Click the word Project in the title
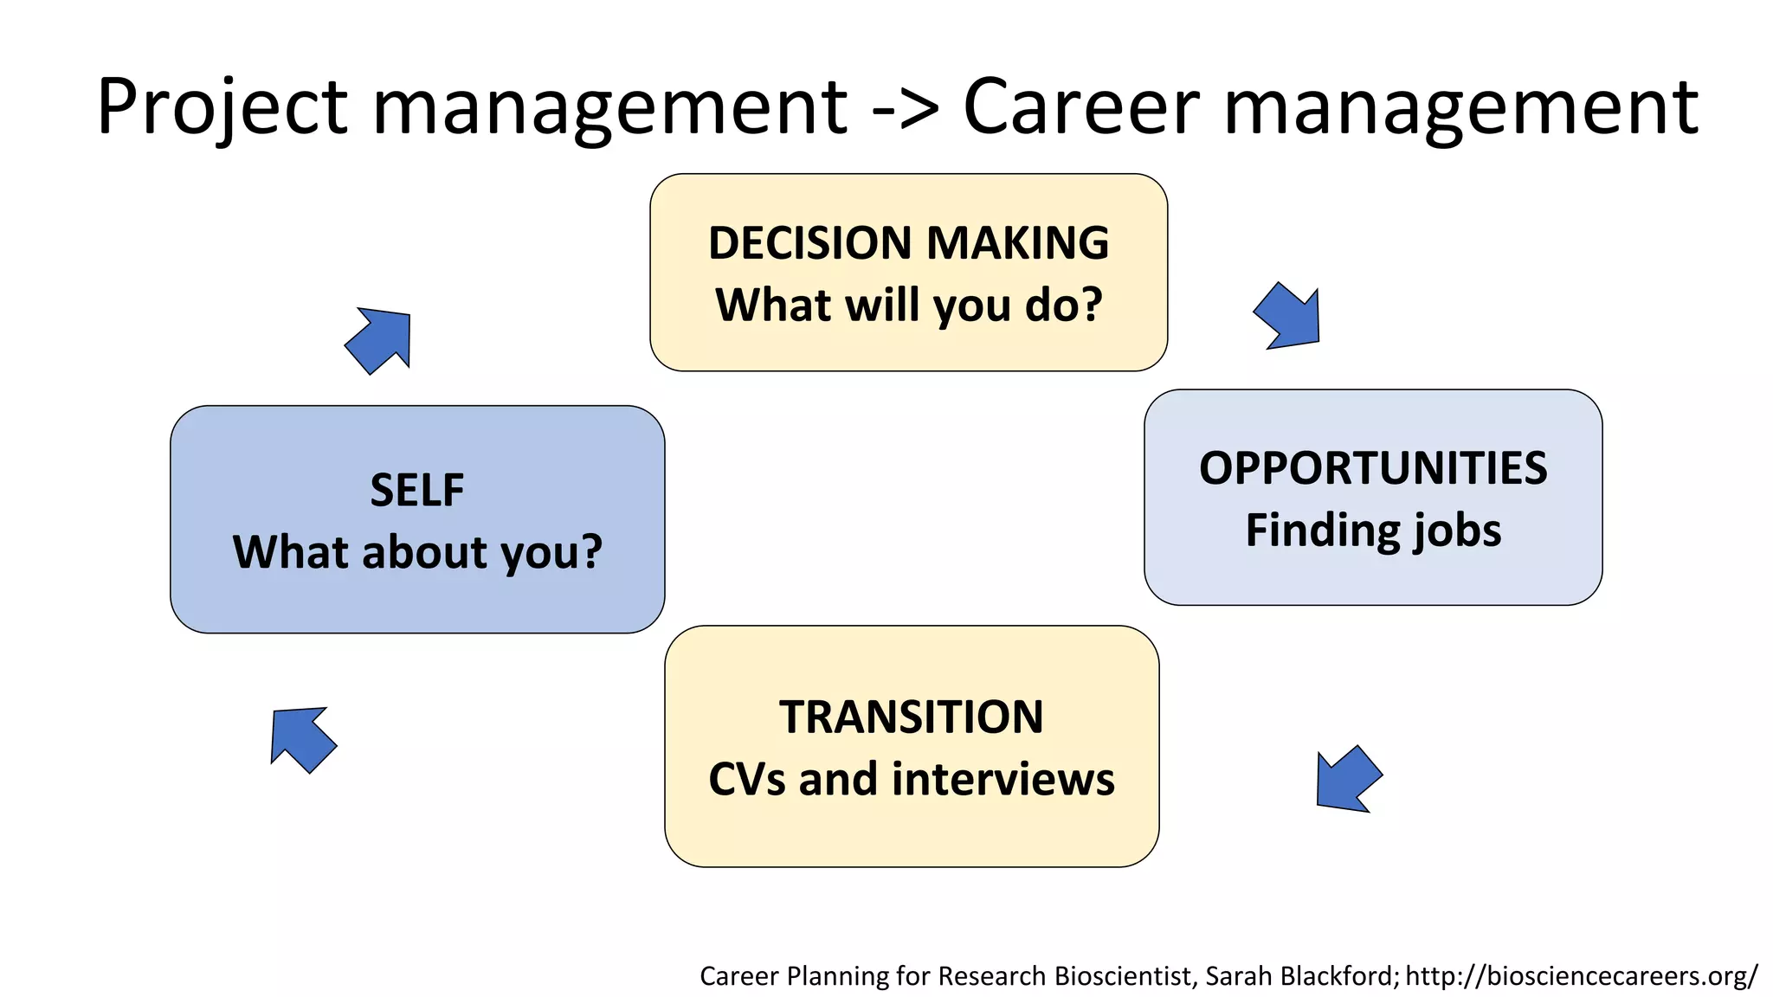222,107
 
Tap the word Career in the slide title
1081,107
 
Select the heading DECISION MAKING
908,242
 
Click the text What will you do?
908,305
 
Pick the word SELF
417,490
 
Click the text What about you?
417,552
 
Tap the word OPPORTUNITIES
1373,468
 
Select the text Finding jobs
1373,531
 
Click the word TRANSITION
912,717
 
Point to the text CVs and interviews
912,779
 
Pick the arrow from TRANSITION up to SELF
300,738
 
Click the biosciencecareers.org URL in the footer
1581,976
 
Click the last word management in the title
1461,107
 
